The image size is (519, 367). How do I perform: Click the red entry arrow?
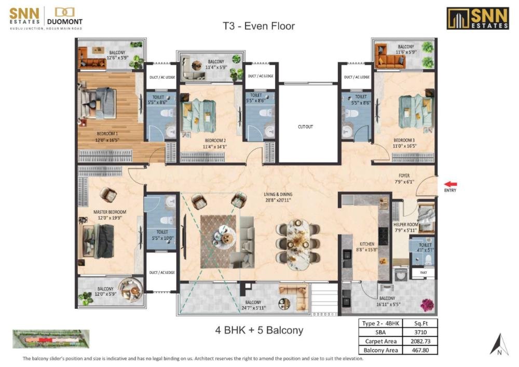[x=449, y=183]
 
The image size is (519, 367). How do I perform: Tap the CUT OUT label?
[x=305, y=127]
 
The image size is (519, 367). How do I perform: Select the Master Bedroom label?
[x=110, y=215]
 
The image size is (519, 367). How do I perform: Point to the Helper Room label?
[x=405, y=227]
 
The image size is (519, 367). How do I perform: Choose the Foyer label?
[x=404, y=179]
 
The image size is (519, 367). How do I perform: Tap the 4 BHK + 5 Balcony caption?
[x=259, y=330]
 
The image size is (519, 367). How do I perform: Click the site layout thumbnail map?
[x=49, y=339]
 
